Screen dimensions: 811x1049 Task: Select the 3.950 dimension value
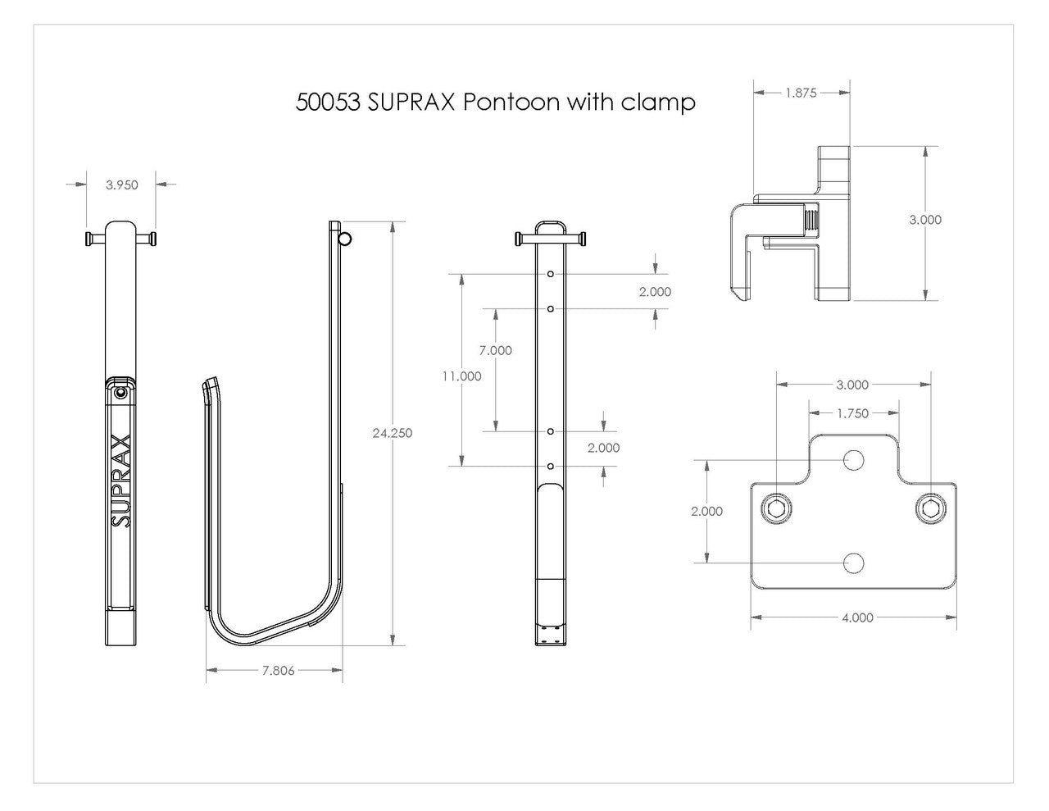point(121,185)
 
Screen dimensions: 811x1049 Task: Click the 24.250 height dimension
point(392,434)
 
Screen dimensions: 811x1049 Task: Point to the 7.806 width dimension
point(279,671)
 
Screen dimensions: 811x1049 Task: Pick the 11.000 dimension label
point(461,376)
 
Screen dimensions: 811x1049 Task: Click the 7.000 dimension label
point(496,350)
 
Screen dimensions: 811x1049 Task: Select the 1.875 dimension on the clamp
point(801,93)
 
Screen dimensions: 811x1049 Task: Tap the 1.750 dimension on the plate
point(852,413)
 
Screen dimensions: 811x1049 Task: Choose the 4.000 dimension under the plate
point(857,617)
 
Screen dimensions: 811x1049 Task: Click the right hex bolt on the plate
point(931,509)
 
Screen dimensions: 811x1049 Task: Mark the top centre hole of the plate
point(853,460)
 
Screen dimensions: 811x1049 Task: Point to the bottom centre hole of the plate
point(853,563)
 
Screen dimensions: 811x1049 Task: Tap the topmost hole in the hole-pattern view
point(552,273)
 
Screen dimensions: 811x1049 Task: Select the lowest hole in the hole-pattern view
point(552,466)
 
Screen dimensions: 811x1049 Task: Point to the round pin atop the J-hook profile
point(345,239)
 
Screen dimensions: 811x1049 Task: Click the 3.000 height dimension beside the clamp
point(924,220)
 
